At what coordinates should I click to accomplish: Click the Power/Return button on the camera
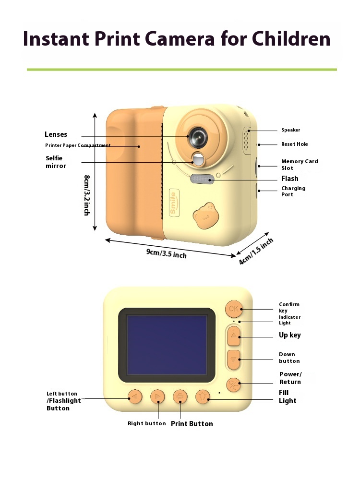(234, 383)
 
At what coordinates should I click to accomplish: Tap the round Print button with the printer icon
(180, 396)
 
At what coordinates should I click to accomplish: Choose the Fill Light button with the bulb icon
(203, 396)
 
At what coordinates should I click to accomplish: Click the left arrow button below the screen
(135, 397)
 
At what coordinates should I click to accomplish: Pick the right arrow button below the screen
(157, 397)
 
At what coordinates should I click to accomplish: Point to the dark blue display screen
(166, 345)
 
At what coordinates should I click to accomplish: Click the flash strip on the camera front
(202, 179)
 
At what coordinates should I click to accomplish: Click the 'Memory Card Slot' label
(300, 165)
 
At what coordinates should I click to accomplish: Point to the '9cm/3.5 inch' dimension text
(167, 252)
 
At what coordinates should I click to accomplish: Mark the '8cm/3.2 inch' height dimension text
(87, 195)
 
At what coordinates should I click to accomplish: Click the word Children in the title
(291, 38)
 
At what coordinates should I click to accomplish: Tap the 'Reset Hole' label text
(295, 144)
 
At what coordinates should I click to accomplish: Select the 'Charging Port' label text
(293, 192)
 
